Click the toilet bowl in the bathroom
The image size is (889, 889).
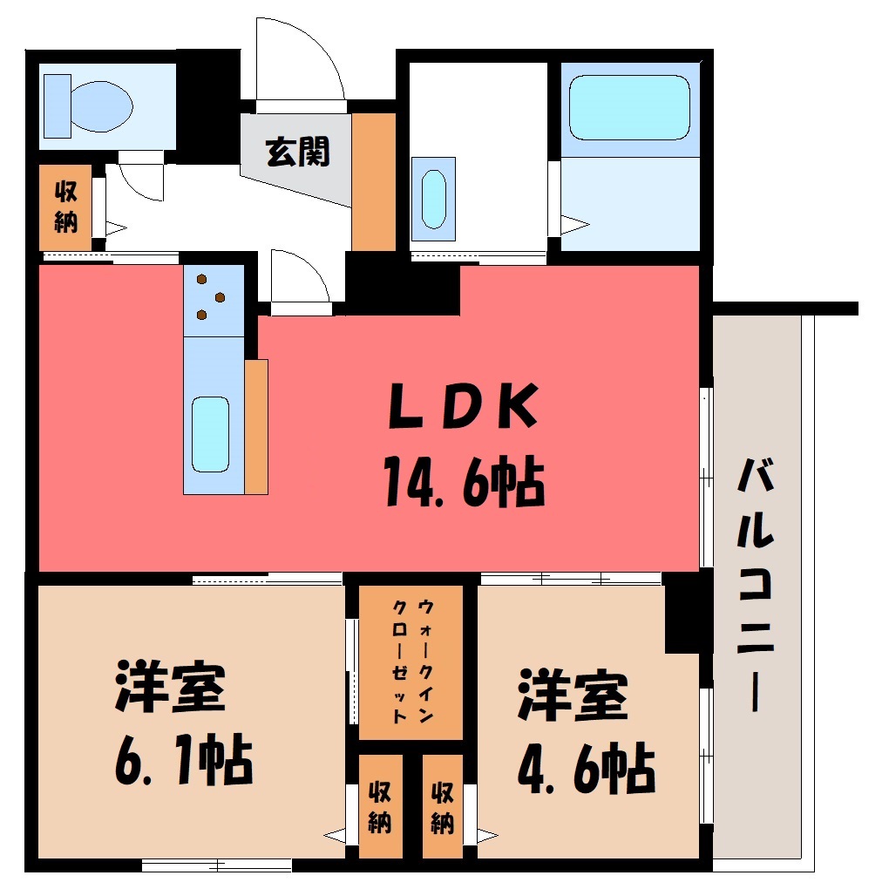pos(101,106)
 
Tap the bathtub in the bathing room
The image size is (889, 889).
pos(629,107)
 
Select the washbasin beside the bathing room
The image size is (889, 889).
pos(434,199)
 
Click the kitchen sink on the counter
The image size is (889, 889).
pos(210,434)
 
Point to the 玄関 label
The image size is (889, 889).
pos(298,152)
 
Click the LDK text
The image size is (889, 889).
pos(463,406)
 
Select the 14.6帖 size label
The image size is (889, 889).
pos(465,482)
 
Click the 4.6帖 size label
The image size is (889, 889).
pos(587,768)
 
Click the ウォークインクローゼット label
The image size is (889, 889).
pos(412,661)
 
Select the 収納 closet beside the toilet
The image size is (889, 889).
pos(65,207)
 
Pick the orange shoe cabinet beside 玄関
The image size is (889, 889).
pos(373,182)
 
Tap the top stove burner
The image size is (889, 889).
pos(201,279)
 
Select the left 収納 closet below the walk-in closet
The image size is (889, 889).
pos(380,806)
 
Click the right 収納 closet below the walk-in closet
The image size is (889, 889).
pos(443,806)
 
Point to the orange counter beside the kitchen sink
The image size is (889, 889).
pos(256,427)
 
